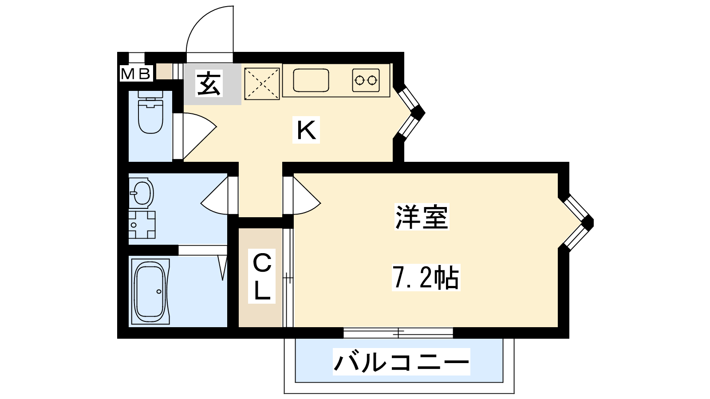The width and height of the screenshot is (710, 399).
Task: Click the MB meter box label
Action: tap(135, 74)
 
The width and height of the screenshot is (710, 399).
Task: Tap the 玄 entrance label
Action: tap(209, 83)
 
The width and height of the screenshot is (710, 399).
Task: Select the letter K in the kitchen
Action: tap(306, 130)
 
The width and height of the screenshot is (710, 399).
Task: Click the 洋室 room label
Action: tap(422, 217)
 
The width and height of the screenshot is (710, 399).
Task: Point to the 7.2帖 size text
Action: tap(426, 278)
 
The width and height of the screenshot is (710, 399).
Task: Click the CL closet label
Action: tap(262, 277)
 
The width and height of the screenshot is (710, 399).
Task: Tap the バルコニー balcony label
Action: tap(401, 362)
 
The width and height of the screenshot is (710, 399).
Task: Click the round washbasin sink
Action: tap(141, 193)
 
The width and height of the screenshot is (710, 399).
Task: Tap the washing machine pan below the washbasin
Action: tap(142, 225)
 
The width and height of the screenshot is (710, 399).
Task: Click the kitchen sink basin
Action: tap(311, 81)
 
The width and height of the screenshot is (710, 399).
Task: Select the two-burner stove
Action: tap(366, 80)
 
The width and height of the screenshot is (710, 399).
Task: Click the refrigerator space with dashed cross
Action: tap(262, 84)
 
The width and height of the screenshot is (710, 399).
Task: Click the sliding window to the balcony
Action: tap(398, 333)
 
